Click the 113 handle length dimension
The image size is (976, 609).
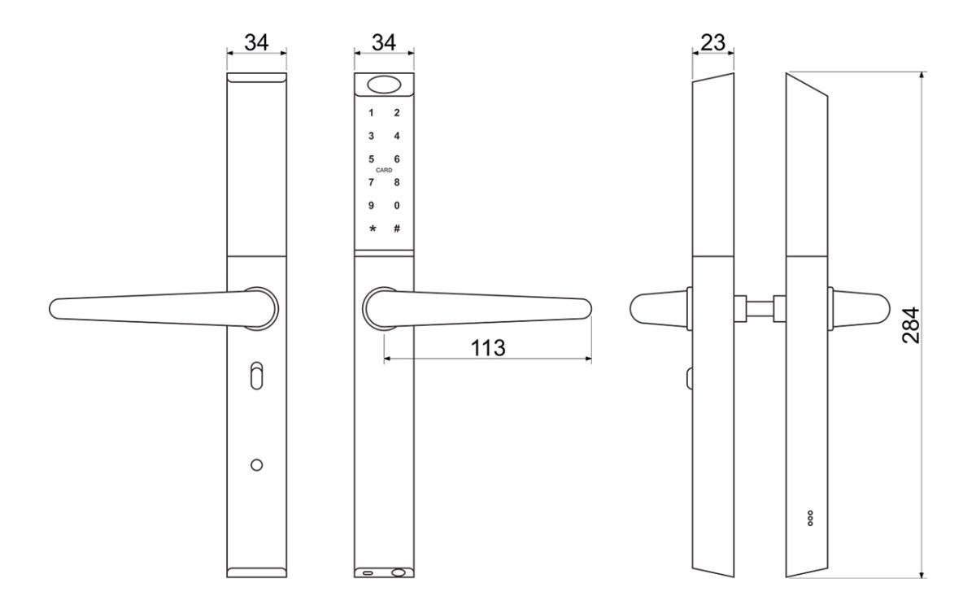[x=488, y=348]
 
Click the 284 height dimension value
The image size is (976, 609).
[x=911, y=325]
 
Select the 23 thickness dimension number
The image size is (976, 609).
[x=712, y=43]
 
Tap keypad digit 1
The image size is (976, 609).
[x=371, y=113]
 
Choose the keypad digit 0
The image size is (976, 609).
[x=397, y=205]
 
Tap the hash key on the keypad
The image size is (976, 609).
[x=397, y=228]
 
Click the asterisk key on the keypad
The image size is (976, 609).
[x=373, y=228]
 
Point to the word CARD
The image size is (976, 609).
[x=384, y=170]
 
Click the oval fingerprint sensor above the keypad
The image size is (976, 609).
[x=384, y=85]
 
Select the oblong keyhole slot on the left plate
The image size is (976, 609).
[x=257, y=376]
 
